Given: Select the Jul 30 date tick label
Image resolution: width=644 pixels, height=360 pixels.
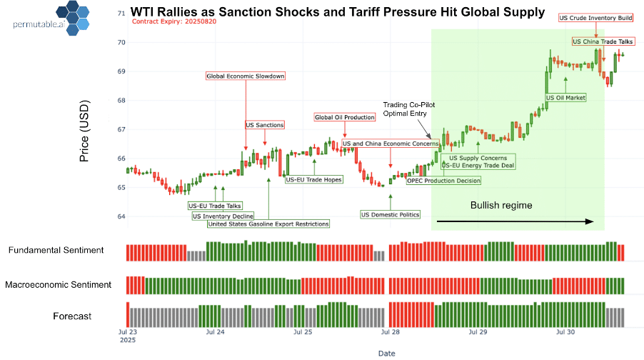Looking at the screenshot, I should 565,331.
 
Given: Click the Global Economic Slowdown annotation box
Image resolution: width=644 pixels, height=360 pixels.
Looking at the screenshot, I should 246,76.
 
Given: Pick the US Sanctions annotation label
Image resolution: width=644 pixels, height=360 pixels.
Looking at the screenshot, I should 264,125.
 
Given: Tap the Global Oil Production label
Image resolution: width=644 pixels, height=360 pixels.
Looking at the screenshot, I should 344,117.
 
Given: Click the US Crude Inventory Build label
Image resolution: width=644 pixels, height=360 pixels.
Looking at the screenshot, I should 595,17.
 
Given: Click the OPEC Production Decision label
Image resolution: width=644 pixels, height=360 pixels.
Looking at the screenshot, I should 443,181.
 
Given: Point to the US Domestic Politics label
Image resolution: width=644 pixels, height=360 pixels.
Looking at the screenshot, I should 390,214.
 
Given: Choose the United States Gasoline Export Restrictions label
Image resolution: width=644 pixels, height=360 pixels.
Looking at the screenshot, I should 268,224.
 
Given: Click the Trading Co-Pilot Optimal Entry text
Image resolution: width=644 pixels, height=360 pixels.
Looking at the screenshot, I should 409,108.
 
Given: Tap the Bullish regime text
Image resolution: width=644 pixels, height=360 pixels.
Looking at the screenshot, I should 500,205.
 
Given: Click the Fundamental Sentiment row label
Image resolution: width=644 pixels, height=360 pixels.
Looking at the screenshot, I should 56,250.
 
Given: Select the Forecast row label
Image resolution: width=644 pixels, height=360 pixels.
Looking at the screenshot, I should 72,316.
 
